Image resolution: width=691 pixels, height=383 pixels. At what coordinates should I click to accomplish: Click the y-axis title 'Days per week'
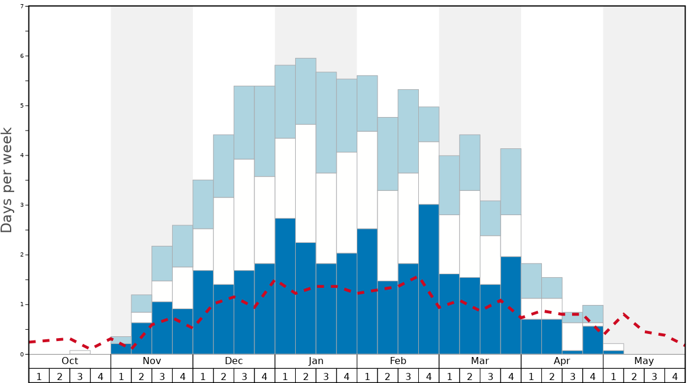(x=7, y=180)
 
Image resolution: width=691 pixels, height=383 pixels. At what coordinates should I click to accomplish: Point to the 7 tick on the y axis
(x=22, y=7)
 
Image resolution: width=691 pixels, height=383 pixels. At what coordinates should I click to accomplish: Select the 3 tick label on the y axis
(x=22, y=205)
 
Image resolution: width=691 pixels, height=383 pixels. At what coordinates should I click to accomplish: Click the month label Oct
(x=70, y=361)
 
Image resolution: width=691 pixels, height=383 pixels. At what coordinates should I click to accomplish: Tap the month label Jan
(x=316, y=361)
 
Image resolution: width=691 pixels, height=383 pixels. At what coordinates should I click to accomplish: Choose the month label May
(x=644, y=361)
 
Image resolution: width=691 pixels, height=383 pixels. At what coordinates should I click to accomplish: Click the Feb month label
(x=398, y=361)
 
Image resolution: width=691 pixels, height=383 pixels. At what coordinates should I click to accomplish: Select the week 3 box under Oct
(x=80, y=376)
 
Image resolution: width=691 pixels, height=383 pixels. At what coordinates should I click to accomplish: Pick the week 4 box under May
(x=674, y=376)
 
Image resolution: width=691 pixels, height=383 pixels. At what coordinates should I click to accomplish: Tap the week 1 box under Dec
(x=203, y=376)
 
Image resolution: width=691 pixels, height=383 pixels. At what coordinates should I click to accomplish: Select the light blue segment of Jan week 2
(x=305, y=91)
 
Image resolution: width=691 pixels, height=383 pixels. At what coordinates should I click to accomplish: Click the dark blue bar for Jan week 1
(x=285, y=286)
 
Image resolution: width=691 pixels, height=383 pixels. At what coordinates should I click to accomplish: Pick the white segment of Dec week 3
(x=244, y=215)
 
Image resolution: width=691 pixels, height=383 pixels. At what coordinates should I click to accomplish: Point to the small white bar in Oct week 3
(x=80, y=352)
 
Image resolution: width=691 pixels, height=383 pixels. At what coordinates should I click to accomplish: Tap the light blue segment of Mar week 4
(x=511, y=181)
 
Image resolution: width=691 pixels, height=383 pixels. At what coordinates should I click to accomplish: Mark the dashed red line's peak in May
(x=624, y=314)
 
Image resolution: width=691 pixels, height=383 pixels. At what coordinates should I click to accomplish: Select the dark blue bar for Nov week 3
(x=162, y=328)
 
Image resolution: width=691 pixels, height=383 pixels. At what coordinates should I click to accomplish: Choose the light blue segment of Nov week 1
(x=121, y=340)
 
